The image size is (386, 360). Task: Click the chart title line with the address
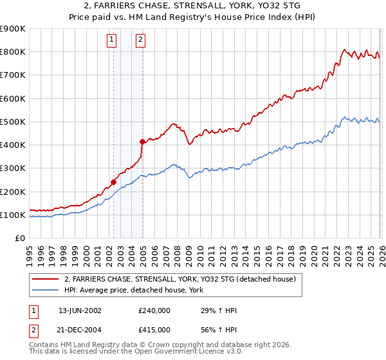pyautogui.click(x=193, y=6)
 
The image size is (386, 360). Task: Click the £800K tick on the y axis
pyautogui.click(x=13, y=52)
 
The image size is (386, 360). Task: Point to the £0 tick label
pyautogui.click(x=19, y=239)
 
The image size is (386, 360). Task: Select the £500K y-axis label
pyautogui.click(x=13, y=122)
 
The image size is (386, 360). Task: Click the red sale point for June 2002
pyautogui.click(x=113, y=182)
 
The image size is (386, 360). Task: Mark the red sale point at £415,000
pyautogui.click(x=142, y=141)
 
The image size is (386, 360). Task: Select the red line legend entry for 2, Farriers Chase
pyautogui.click(x=179, y=280)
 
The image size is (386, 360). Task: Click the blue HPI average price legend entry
pyautogui.click(x=133, y=291)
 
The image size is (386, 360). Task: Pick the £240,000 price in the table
pyautogui.click(x=154, y=310)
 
